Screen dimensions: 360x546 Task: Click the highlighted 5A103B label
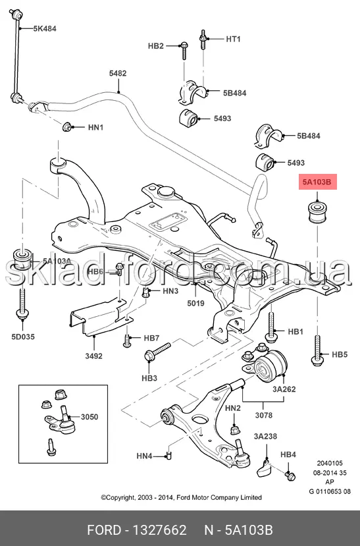pos(318,181)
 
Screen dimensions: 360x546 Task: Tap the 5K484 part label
pos(45,28)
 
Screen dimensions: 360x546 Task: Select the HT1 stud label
pos(233,39)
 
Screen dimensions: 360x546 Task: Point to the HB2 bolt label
pos(155,45)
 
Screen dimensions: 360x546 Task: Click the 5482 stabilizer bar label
pos(118,73)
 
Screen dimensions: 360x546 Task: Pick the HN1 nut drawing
pos(66,127)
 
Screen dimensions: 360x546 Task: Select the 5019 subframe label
pos(196,303)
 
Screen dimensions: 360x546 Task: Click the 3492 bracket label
pos(94,356)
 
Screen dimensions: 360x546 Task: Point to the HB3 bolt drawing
pos(157,352)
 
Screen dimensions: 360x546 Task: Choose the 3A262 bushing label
pos(284,389)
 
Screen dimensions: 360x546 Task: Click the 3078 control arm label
pos(264,415)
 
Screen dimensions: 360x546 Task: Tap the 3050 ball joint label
pos(90,417)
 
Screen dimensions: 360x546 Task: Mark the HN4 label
pos(144,456)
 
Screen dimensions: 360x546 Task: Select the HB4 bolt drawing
pos(290,476)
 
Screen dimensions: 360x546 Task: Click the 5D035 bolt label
pos(23,337)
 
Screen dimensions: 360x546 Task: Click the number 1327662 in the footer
pos(160,530)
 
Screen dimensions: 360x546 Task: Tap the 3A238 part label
pos(265,436)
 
